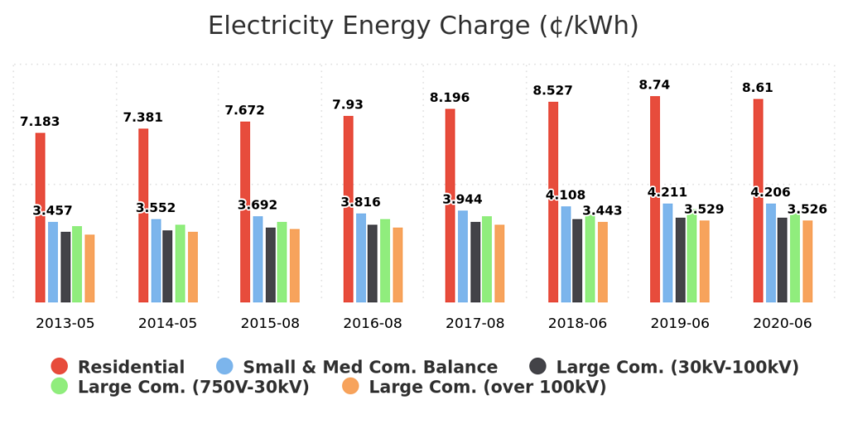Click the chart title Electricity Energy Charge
423,26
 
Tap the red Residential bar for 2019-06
655,199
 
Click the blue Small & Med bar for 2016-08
361,258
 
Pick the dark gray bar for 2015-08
271,264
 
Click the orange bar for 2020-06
807,261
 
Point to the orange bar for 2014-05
192,267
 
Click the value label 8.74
654,84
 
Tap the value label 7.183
40,122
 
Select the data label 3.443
601,210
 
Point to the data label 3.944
462,200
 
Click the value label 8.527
552,90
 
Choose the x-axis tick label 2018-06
577,323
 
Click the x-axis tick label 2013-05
65,323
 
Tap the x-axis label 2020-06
783,323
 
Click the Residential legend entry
131,367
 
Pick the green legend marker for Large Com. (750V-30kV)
60,386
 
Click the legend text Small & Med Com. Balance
370,367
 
